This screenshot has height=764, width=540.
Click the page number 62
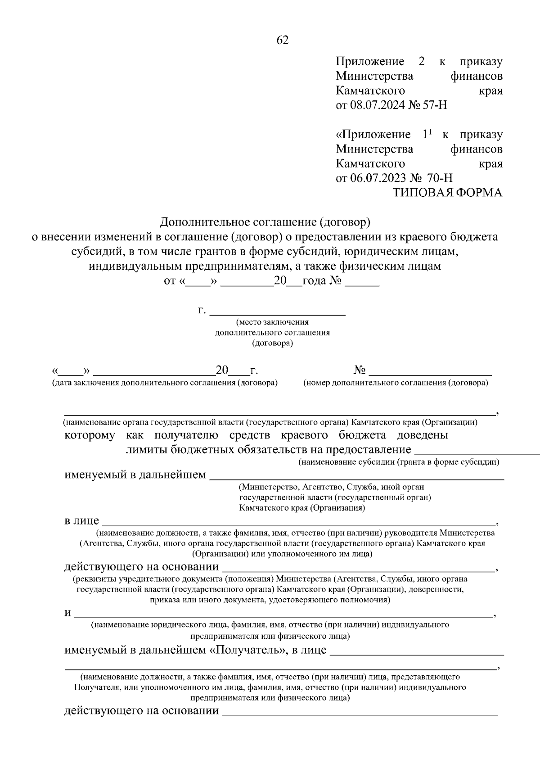[x=282, y=41]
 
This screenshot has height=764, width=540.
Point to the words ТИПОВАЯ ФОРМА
[x=447, y=193]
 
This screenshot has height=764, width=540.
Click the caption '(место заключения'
[x=273, y=322]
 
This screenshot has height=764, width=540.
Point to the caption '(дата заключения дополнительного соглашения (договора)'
[x=165, y=383]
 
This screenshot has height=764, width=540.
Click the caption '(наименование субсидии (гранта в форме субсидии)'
[x=399, y=462]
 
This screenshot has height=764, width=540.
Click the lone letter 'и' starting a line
[x=67, y=613]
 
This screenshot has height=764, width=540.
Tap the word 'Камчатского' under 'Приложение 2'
[x=370, y=90]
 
